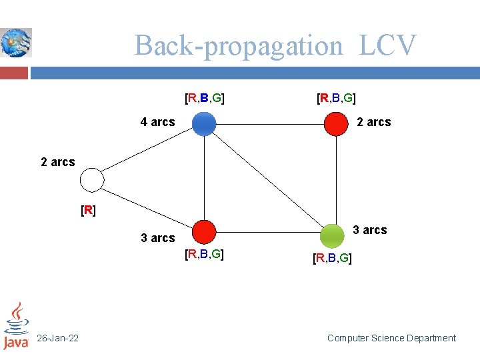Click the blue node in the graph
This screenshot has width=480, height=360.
(204, 124)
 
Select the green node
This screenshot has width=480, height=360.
(331, 235)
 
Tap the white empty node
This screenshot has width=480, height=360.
(92, 180)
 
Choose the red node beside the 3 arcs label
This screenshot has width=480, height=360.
(204, 232)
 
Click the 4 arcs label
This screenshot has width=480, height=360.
(157, 122)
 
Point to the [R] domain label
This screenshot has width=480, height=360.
(87, 211)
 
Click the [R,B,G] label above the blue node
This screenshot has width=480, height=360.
(204, 99)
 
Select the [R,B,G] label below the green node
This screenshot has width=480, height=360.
(332, 257)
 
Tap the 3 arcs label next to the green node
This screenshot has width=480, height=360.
(369, 230)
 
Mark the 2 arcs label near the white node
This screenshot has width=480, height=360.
(58, 162)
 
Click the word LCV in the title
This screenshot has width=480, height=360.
(387, 46)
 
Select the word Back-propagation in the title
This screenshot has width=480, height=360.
(239, 46)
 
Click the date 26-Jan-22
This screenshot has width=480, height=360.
(57, 339)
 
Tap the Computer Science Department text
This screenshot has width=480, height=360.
(391, 339)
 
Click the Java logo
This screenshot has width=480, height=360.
(16, 326)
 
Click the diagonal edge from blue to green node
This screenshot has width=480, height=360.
(267, 179)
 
